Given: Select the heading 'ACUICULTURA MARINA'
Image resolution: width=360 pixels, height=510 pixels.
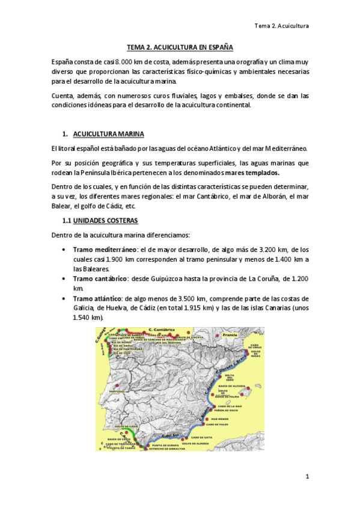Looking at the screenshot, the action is point(108,133).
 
